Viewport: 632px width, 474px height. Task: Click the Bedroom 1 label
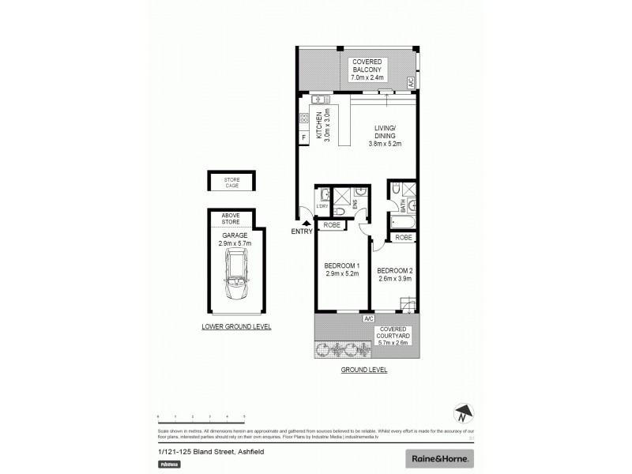(x=342, y=269)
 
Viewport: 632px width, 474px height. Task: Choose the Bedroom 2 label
(x=395, y=274)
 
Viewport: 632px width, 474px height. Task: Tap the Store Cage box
(x=231, y=183)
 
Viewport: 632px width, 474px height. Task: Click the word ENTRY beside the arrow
(x=302, y=231)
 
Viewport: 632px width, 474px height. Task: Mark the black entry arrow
(x=307, y=223)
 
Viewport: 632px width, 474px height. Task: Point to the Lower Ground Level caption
(x=235, y=326)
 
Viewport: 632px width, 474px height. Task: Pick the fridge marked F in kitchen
(x=303, y=138)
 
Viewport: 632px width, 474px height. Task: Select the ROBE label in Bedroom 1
(x=331, y=225)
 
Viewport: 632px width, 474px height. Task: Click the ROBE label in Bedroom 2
(x=403, y=237)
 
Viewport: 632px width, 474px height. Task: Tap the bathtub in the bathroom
(x=401, y=223)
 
